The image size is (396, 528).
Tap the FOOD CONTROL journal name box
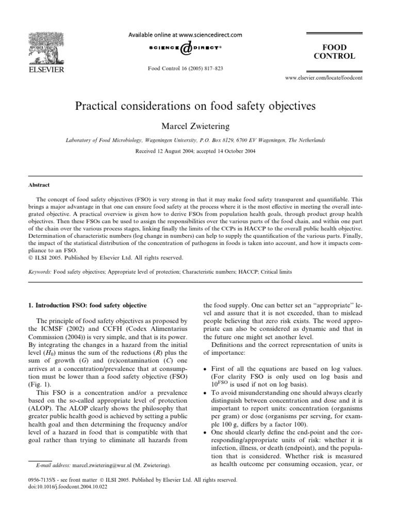coord(338,52)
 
